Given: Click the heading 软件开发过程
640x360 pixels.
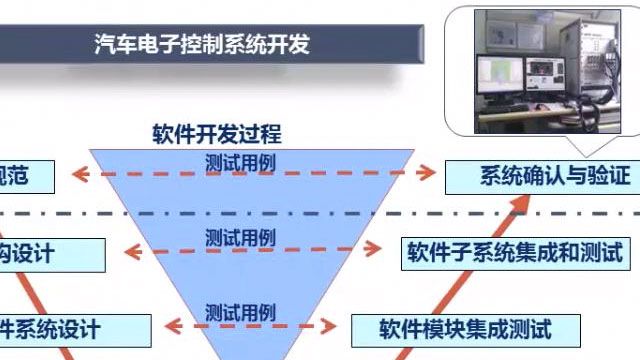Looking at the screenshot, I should [217, 133].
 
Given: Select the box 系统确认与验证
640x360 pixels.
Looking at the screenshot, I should [540, 176].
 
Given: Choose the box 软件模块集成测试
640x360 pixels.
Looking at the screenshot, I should [465, 327].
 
